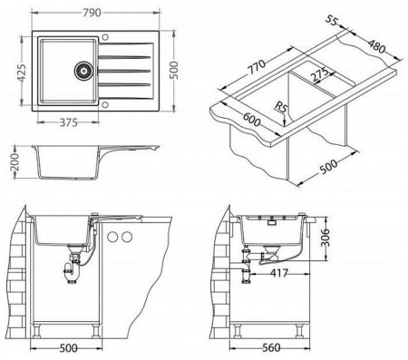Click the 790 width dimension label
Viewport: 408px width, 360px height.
(92, 13)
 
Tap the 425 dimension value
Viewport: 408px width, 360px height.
(22, 73)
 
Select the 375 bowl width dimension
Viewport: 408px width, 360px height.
(69, 122)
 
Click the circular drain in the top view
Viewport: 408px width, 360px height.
(83, 71)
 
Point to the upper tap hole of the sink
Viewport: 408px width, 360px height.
(105, 37)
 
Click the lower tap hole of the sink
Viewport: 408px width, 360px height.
(105, 104)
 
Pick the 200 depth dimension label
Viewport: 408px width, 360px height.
(15, 162)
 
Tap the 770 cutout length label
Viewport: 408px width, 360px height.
(257, 67)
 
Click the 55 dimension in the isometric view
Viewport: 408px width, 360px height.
(331, 21)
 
